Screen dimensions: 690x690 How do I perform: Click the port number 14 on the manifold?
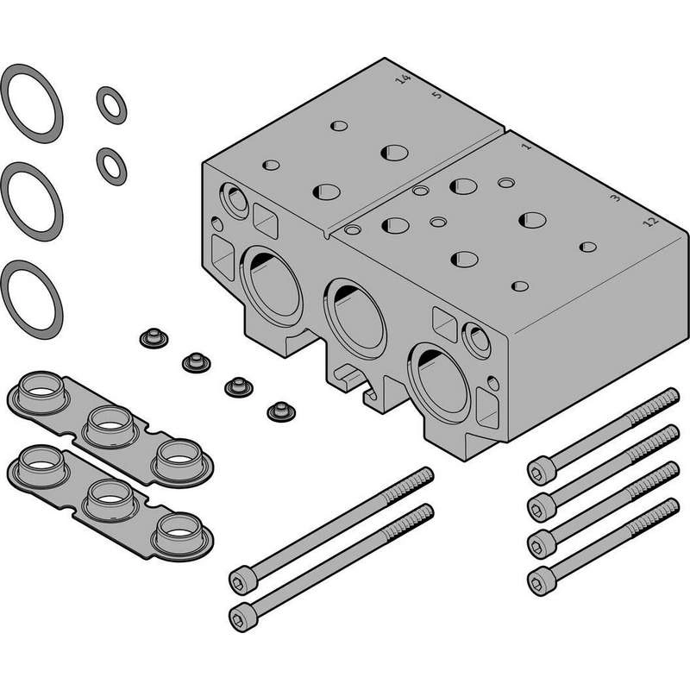click(403, 79)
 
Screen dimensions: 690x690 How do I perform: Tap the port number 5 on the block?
click(436, 95)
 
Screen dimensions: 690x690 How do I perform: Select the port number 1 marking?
click(526, 146)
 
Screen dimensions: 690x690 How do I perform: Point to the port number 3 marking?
click(617, 198)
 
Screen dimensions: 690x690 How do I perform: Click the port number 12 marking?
click(650, 222)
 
